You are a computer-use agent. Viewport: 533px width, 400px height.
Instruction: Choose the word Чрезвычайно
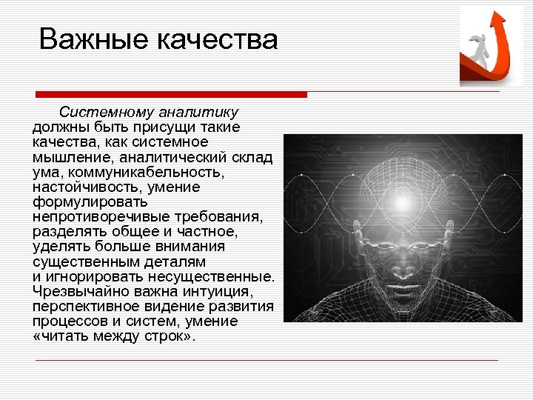coord(74,292)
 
